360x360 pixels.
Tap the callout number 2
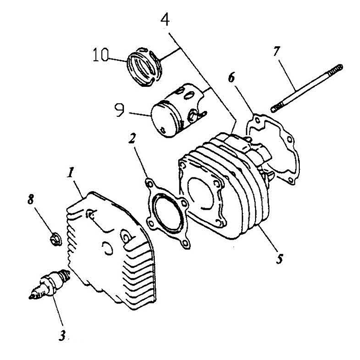(132, 138)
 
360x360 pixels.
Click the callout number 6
(232, 77)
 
